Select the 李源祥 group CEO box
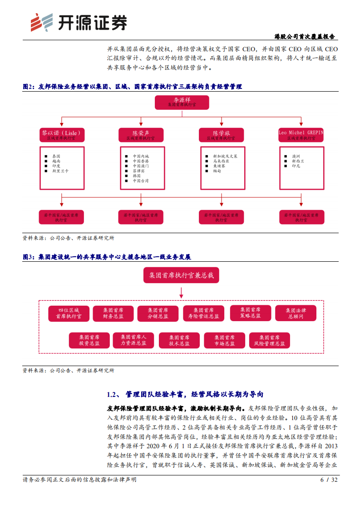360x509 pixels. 182,102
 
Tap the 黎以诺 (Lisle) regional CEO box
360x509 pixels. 61,135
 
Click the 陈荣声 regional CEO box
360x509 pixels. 141,135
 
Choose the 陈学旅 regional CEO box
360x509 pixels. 222,135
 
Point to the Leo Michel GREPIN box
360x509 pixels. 301,135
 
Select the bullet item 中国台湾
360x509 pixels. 140,181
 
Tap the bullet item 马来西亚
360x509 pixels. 221,161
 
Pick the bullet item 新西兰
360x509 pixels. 299,161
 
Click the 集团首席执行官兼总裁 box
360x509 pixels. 181,275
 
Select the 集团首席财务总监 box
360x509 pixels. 113,313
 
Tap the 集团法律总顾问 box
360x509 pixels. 296,313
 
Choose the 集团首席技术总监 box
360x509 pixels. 180,341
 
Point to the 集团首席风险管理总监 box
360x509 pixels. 270,341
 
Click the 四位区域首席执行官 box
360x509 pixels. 69,313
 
